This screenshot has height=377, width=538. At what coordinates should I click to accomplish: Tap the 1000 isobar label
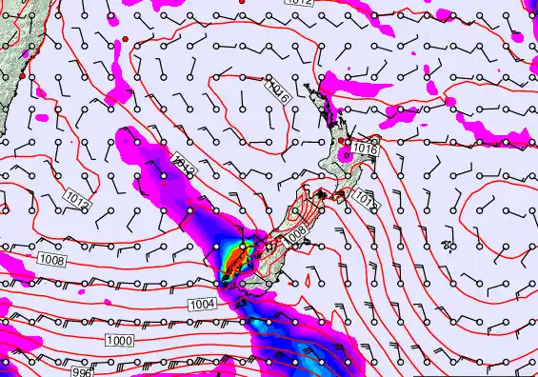pyautogui.click(x=119, y=341)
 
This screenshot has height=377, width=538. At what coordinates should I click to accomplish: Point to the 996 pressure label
pyautogui.click(x=82, y=373)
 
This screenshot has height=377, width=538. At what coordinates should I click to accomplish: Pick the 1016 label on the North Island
pyautogui.click(x=365, y=149)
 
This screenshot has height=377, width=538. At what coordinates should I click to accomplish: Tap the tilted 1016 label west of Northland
pyautogui.click(x=279, y=92)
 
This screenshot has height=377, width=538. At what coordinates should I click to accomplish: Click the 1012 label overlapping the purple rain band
pyautogui.click(x=185, y=166)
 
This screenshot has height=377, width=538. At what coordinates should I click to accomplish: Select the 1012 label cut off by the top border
pyautogui.click(x=297, y=3)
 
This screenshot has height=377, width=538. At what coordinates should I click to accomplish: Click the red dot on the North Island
pyautogui.click(x=341, y=141)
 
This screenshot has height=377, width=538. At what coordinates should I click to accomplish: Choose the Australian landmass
pyautogui.click(x=11, y=38)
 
